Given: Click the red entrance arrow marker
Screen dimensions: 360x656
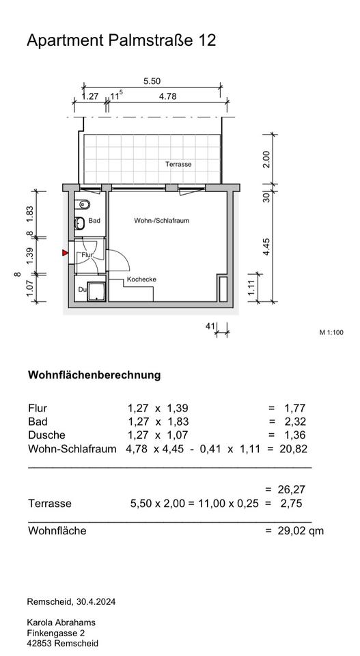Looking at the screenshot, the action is [65, 253].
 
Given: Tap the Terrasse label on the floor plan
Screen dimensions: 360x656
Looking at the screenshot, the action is [178, 165].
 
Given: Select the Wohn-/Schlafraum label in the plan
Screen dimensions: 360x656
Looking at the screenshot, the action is [161, 221].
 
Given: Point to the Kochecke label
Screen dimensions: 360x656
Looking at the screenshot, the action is [141, 279].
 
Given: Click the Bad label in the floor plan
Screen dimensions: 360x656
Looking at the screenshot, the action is [94, 221].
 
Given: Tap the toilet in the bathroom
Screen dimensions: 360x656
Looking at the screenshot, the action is [83, 204].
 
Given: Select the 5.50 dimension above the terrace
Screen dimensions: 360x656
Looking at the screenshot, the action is [152, 81].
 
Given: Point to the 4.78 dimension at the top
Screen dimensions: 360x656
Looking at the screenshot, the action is [167, 96].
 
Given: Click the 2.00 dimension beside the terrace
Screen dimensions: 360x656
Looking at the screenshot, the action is [267, 159].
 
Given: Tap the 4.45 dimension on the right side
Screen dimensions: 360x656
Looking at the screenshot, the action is [267, 247].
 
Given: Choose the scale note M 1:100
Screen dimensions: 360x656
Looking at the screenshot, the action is [331, 333].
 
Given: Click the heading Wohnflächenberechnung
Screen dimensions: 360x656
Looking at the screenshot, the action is [94, 374].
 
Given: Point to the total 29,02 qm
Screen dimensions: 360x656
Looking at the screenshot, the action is [301, 532].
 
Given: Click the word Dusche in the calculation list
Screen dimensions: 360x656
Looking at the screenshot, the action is [47, 435].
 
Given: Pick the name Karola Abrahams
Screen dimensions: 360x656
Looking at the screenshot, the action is [61, 623].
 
